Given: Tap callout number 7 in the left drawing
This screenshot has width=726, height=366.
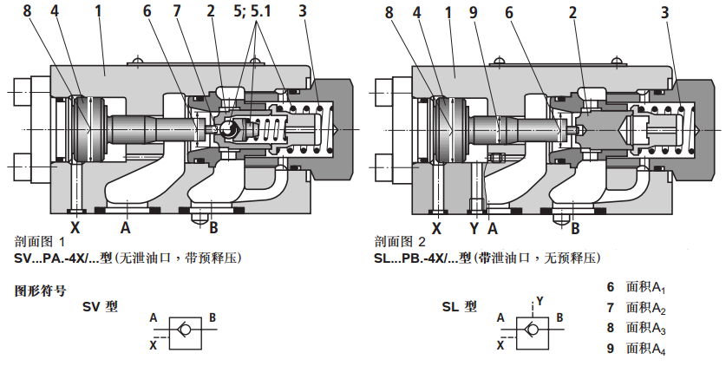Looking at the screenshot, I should coord(177,11).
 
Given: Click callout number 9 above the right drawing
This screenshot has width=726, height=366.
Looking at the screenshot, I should coord(473,11).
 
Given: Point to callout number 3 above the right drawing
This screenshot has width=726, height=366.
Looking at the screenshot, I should coord(664,11).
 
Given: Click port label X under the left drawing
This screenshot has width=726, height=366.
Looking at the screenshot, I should coord(75,228).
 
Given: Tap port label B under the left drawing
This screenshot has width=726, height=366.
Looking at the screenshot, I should coord(213,228).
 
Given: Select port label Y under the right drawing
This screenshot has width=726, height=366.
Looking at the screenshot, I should coord(474,228).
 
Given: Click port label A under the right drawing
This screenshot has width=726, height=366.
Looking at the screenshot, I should coord(492,228).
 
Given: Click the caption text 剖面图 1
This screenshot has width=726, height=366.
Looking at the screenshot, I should coord(41,242).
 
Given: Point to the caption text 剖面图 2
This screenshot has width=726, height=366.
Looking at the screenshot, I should coord(400,242).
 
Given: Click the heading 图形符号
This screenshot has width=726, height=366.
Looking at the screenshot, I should coord(40,291).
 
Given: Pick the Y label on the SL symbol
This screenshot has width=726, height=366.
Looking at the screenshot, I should coord(539,300).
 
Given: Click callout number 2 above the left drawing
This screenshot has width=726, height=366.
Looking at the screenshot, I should coord(211,11).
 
